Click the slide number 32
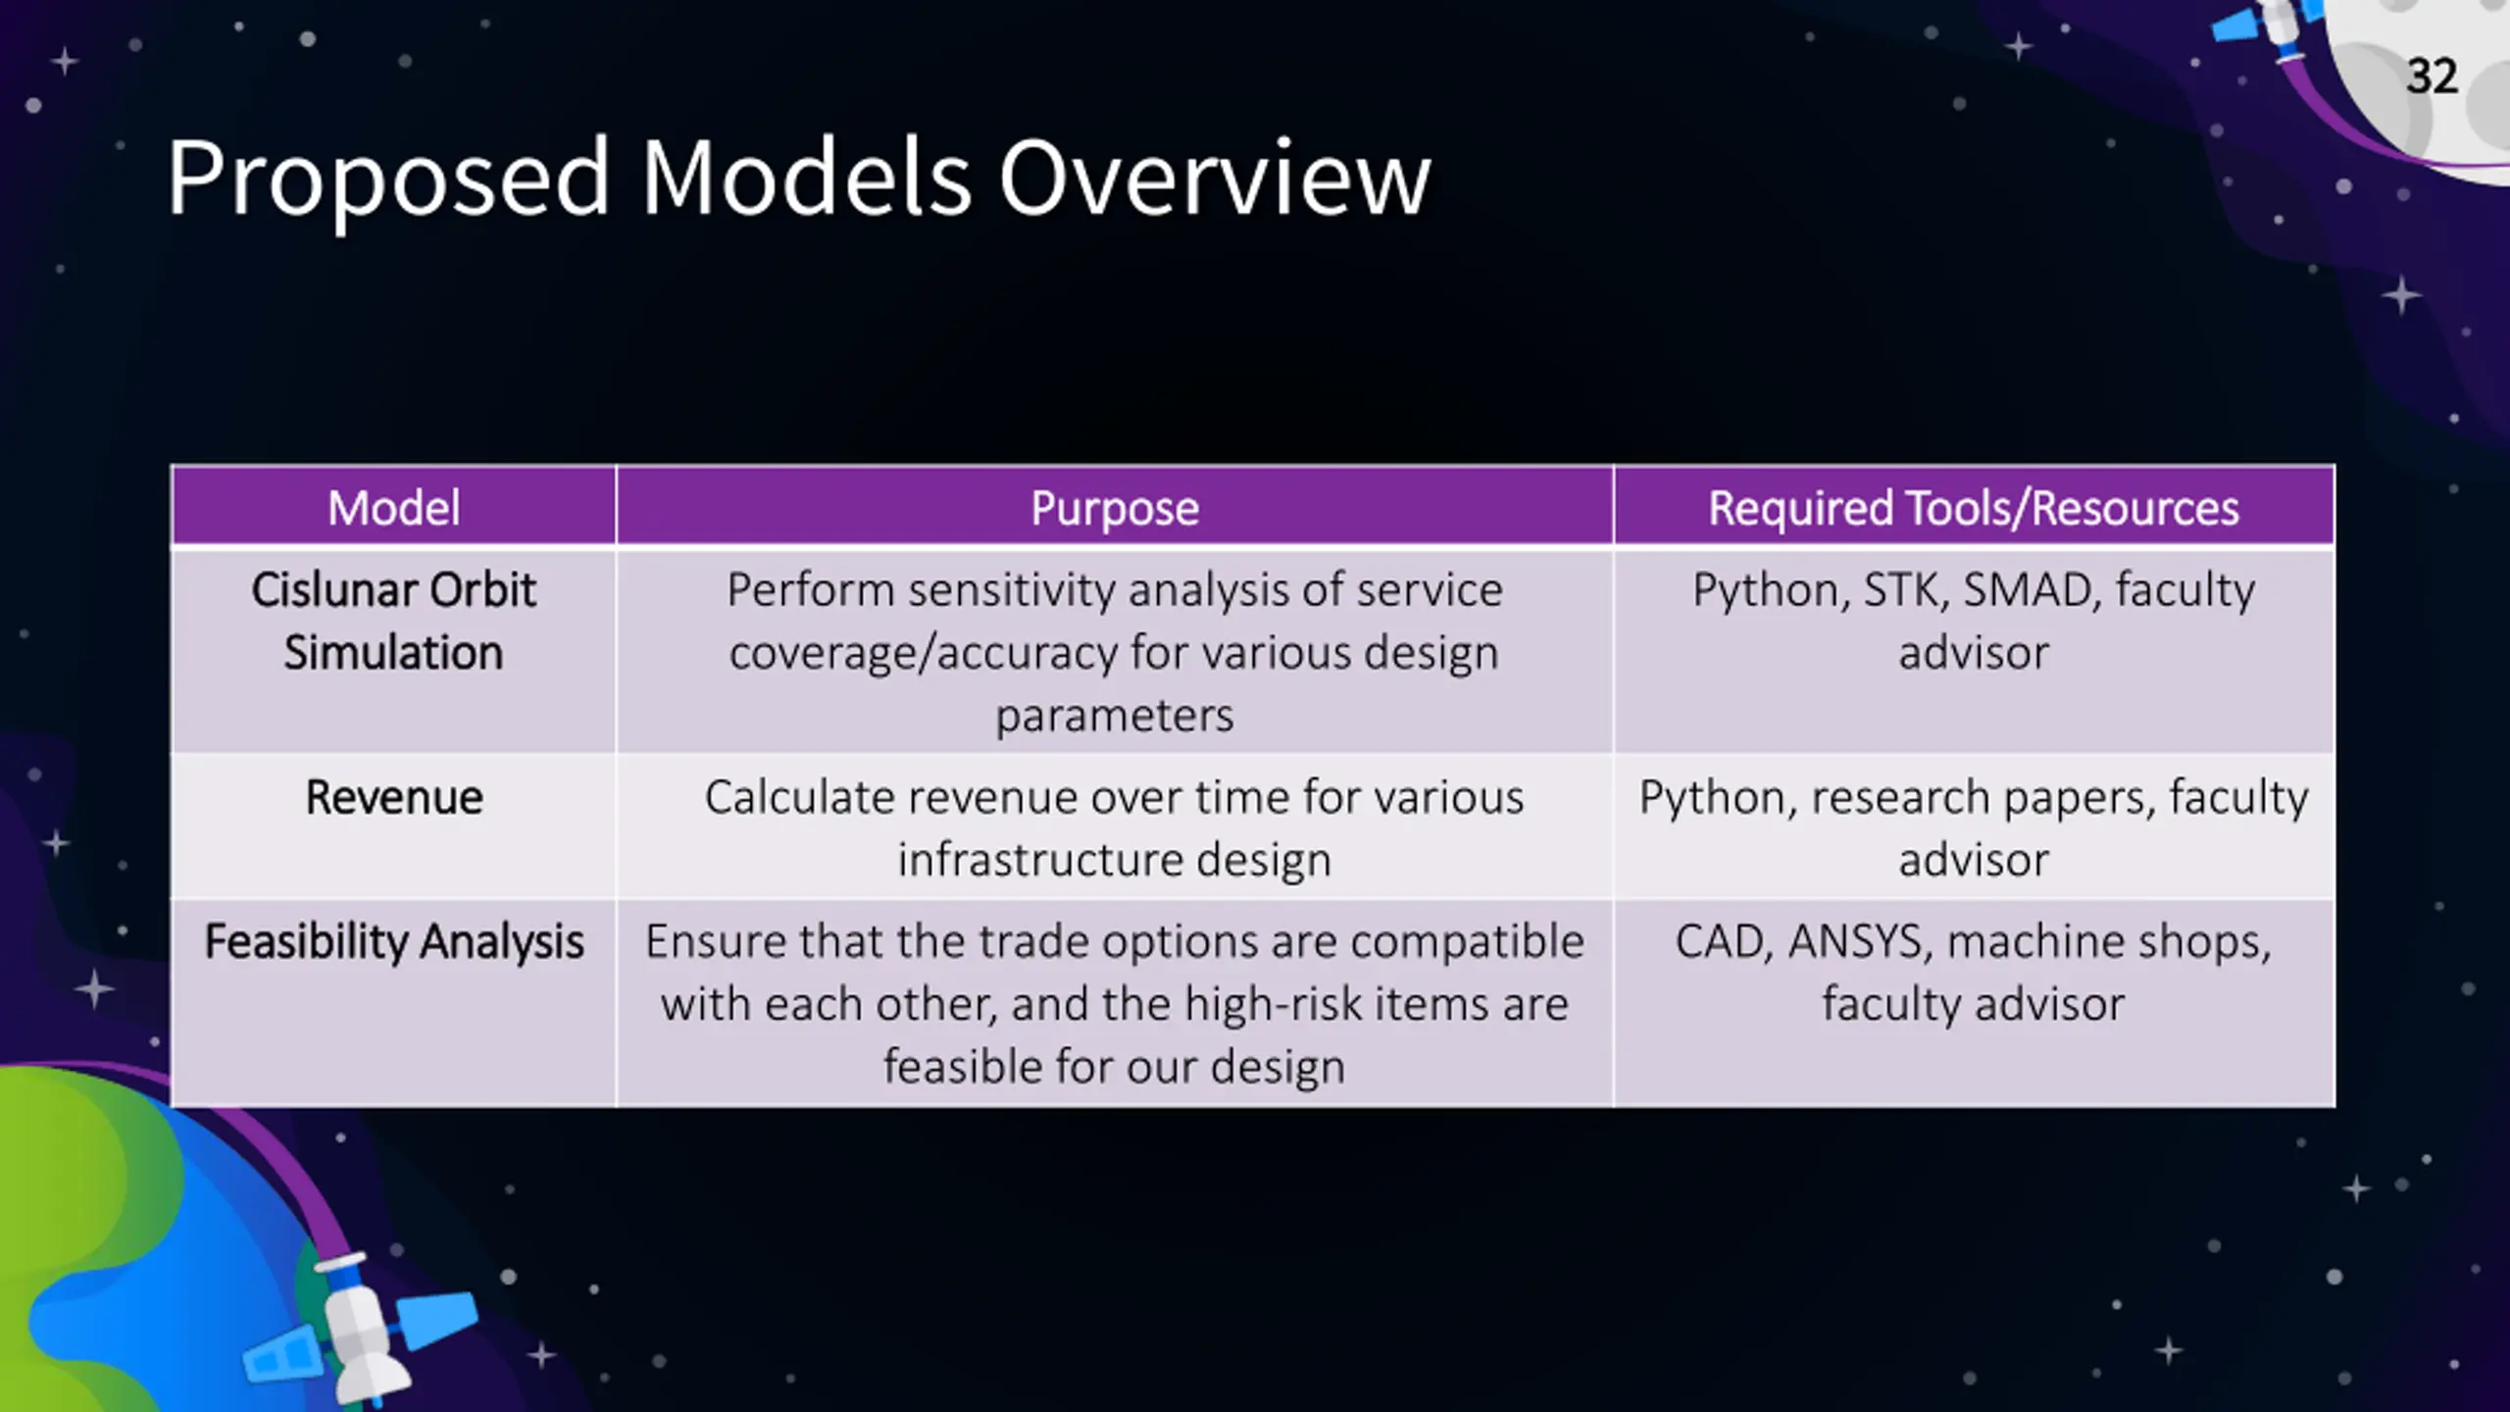point(2432,76)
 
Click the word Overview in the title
point(1215,178)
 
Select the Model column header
point(394,508)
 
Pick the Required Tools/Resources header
point(1974,509)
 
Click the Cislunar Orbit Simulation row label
point(394,621)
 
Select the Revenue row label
point(394,797)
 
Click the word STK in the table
point(1904,590)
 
